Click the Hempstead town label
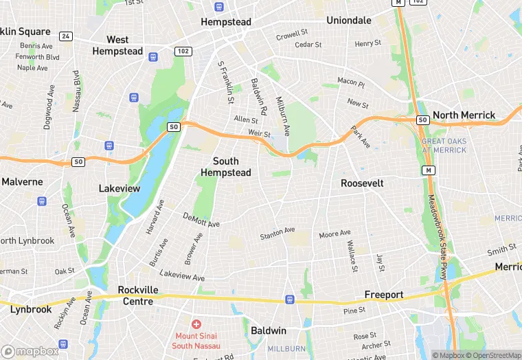226,22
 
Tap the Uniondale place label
349,21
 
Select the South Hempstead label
226,166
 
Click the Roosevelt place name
362,183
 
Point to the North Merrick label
464,115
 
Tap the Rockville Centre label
138,295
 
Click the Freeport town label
383,295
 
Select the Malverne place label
22,182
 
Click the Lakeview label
120,188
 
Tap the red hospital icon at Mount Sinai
196,324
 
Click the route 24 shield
66,36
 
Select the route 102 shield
183,51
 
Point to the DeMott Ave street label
201,220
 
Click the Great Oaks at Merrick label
444,146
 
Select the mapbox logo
31,351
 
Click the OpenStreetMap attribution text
492,355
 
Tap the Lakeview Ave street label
182,275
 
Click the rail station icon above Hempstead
219,7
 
